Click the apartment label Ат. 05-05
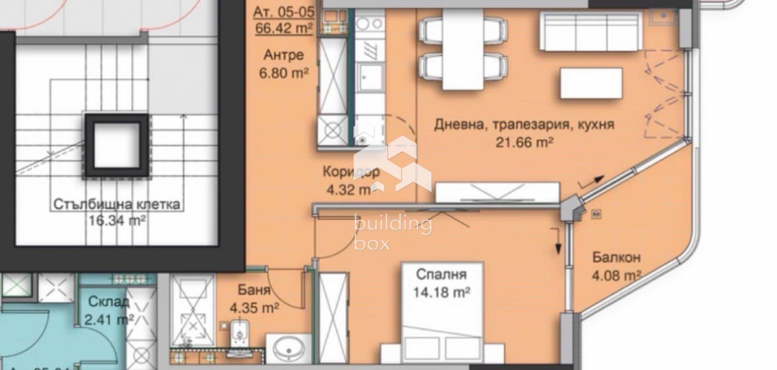(x=284, y=11)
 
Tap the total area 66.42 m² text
(x=284, y=28)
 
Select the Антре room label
(x=284, y=55)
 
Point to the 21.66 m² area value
(x=524, y=142)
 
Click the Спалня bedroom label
(x=441, y=275)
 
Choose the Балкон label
(x=616, y=257)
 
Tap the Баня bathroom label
(x=254, y=290)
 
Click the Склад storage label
(x=109, y=302)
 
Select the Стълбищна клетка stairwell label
(x=117, y=204)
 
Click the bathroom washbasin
(x=288, y=347)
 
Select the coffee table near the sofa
(x=591, y=83)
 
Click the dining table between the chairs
(x=463, y=49)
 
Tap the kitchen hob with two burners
(x=370, y=23)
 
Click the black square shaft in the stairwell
(x=117, y=145)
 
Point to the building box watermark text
(x=392, y=233)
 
